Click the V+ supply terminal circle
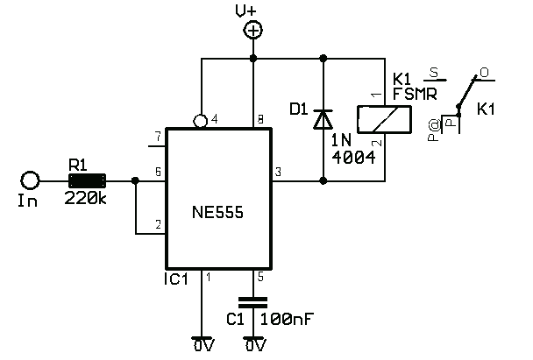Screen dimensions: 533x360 pos(252,31)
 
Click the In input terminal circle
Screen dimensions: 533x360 pos(30,180)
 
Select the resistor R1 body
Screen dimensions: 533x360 pos(87,180)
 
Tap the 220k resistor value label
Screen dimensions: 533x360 pos(85,198)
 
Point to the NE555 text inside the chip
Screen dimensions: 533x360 pos(218,212)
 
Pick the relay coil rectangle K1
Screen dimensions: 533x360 pos(384,119)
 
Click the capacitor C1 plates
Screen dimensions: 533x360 pos(252,302)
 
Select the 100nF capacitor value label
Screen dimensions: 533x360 pos(288,319)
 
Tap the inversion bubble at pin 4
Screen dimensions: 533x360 pos(200,121)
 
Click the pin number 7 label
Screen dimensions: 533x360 pos(158,138)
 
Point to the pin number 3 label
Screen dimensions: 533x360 pos(278,172)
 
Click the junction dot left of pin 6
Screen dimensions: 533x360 pos(135,180)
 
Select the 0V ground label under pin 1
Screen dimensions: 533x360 pos(203,345)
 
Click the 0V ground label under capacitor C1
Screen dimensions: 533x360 pos(255,345)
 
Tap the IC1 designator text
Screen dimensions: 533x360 pos(175,279)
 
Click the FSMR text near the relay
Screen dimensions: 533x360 pos(415,94)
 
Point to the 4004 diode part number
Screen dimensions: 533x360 pos(354,158)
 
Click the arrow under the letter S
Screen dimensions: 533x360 pos(435,81)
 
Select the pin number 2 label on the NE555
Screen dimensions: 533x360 pos(158,224)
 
